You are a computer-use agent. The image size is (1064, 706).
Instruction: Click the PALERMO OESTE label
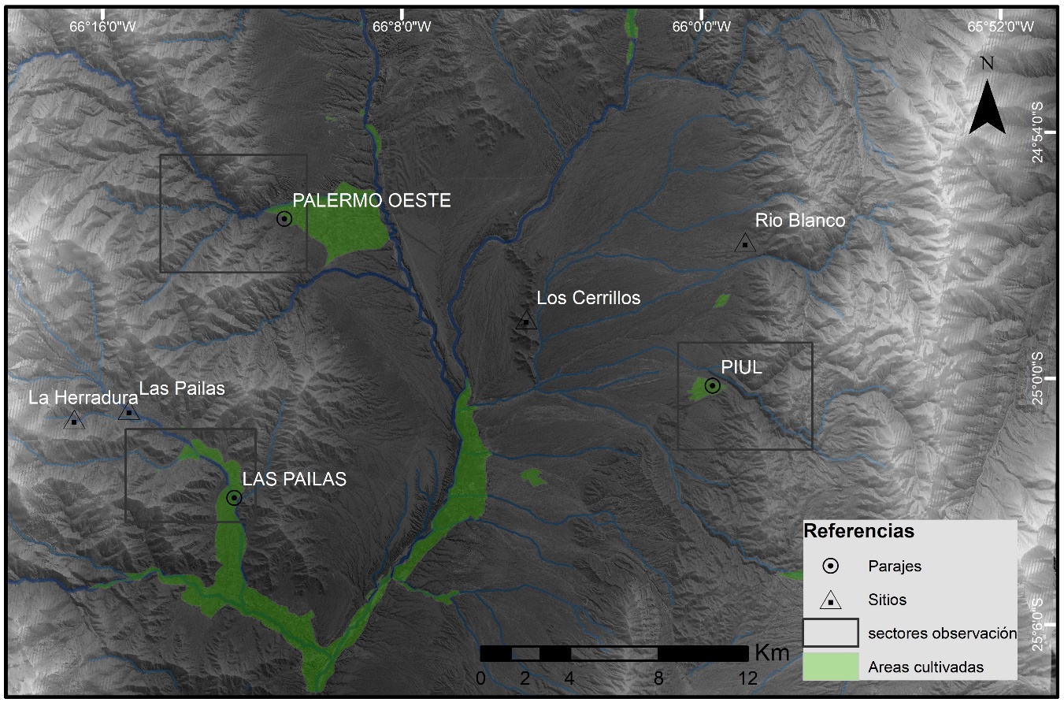pyautogui.click(x=372, y=201)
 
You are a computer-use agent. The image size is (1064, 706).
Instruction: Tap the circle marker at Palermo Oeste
pyautogui.click(x=284, y=219)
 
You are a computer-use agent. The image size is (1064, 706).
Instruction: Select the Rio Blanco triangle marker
pyautogui.click(x=744, y=243)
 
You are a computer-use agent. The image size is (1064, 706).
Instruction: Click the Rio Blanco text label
pyautogui.click(x=800, y=221)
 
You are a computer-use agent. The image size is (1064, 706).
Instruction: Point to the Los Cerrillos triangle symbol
pyautogui.click(x=526, y=321)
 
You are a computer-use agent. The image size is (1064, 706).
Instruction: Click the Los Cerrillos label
pyautogui.click(x=588, y=298)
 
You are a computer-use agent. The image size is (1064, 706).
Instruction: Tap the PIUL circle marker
pyautogui.click(x=712, y=385)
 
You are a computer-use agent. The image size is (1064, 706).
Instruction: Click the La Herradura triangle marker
pyautogui.click(x=74, y=421)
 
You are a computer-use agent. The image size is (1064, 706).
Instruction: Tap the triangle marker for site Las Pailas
pyautogui.click(x=129, y=411)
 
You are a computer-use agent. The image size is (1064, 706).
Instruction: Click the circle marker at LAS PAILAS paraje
pyautogui.click(x=234, y=497)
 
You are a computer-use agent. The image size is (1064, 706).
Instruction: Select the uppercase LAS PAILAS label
pyautogui.click(x=294, y=479)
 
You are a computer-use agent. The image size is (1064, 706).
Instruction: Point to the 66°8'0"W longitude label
pyautogui.click(x=402, y=26)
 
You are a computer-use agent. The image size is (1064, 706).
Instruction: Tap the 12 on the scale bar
pyautogui.click(x=747, y=678)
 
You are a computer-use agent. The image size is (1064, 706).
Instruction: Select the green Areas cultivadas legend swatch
pyautogui.click(x=831, y=666)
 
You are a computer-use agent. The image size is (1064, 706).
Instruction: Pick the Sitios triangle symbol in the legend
pyautogui.click(x=831, y=601)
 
